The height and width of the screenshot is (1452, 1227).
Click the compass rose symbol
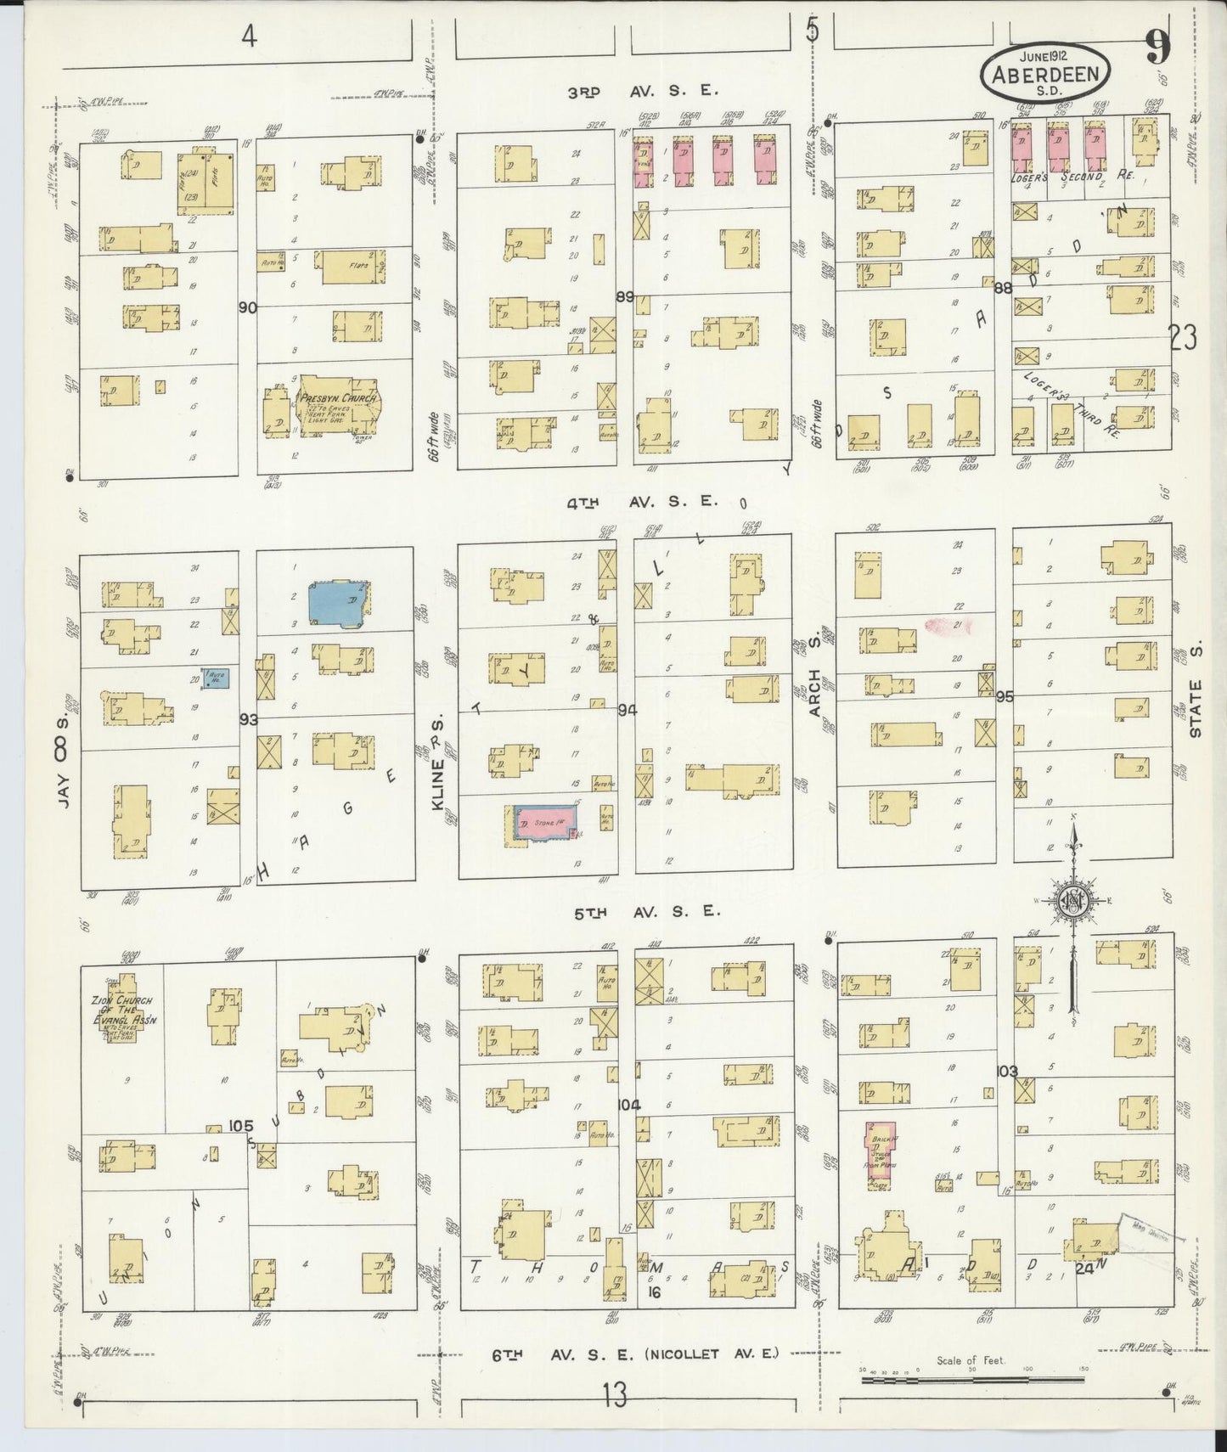1073,902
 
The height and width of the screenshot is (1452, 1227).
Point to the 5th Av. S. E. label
643,911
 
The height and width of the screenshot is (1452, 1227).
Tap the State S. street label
1196,707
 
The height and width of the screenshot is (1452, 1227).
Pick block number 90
247,307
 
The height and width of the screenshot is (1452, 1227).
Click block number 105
241,1126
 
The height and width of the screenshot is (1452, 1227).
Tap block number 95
1005,696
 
